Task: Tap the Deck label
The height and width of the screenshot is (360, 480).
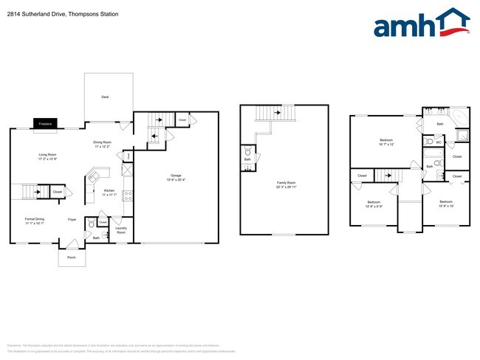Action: click(105, 97)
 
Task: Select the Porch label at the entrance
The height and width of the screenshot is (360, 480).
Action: click(72, 257)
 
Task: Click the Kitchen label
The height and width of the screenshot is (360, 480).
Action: click(109, 190)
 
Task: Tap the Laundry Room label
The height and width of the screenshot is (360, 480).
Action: click(121, 231)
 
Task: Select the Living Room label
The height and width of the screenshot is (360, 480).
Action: click(48, 154)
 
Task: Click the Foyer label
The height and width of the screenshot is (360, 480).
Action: click(72, 219)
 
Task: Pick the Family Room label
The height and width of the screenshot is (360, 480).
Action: click(283, 182)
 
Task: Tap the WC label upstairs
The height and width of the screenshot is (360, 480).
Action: click(439, 142)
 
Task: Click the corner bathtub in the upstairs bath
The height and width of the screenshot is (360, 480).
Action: click(458, 117)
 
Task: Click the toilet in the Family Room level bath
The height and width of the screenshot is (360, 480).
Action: click(247, 152)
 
